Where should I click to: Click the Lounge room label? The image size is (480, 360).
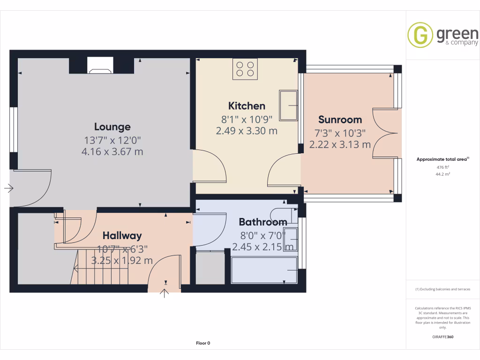point(112,127)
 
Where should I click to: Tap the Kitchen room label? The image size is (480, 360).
point(247,106)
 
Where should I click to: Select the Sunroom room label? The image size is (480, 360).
point(340,120)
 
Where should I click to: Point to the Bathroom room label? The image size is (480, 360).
point(262,222)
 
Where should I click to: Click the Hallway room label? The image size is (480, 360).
point(122,235)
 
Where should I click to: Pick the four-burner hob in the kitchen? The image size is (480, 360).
point(245,69)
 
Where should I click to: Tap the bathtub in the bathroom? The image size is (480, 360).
point(264,270)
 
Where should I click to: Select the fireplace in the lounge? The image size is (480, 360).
point(101,66)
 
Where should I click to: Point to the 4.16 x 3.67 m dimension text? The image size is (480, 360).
point(112,151)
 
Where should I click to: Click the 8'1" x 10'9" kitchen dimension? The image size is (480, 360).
point(247,119)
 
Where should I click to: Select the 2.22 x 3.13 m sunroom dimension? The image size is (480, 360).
point(340,145)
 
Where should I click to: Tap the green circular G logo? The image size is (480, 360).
point(420,35)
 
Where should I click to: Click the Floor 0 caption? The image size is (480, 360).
point(203,343)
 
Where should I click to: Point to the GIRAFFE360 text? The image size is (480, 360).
point(443,337)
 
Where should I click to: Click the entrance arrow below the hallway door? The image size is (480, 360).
point(165,294)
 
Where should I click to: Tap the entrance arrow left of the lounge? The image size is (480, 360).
point(9,188)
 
